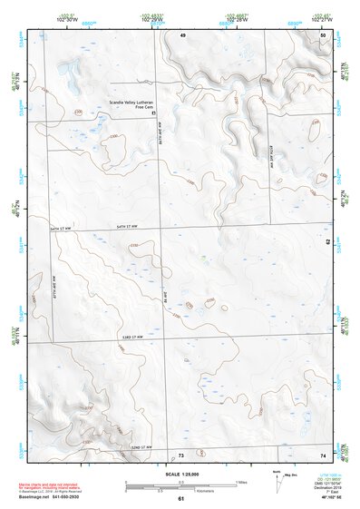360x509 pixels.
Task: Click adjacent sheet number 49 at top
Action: [182, 34]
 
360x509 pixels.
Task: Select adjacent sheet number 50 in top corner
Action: [324, 34]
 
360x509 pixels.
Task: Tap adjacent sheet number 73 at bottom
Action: [180, 454]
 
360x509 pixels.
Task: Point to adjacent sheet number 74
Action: [323, 454]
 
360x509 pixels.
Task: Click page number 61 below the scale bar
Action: [180, 499]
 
